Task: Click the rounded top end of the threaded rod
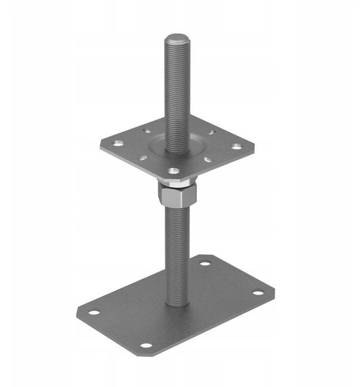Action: point(176,39)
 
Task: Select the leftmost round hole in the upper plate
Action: point(116,143)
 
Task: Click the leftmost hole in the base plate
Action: point(95,312)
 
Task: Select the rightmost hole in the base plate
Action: point(258,293)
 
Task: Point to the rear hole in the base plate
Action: point(204,264)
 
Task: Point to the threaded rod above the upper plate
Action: point(176,91)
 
